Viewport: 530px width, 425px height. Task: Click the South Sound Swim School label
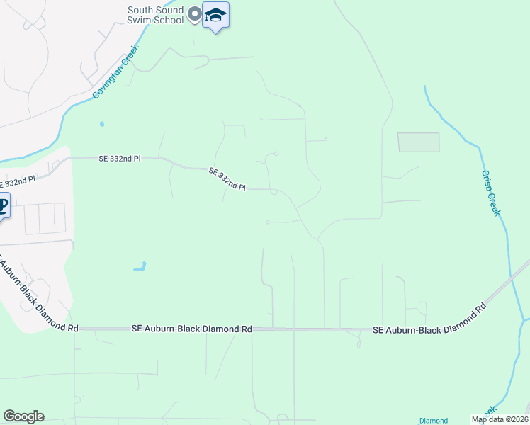(155, 15)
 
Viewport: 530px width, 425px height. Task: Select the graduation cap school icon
(215, 15)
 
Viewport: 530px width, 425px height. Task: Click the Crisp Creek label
(491, 192)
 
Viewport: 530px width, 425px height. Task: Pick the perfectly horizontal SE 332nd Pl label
(120, 159)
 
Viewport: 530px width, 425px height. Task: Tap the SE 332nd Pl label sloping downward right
(227, 180)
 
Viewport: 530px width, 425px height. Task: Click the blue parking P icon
(3, 206)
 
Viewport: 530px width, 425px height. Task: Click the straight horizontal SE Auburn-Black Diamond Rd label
(192, 329)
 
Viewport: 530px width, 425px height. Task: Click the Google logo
(23, 416)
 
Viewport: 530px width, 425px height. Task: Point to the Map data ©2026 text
(500, 419)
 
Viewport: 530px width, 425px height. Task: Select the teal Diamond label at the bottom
(433, 420)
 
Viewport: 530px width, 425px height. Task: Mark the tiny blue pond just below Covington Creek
(102, 124)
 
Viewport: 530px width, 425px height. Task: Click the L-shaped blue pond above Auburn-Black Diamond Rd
(140, 267)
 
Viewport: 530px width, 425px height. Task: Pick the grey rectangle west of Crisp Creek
(418, 142)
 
